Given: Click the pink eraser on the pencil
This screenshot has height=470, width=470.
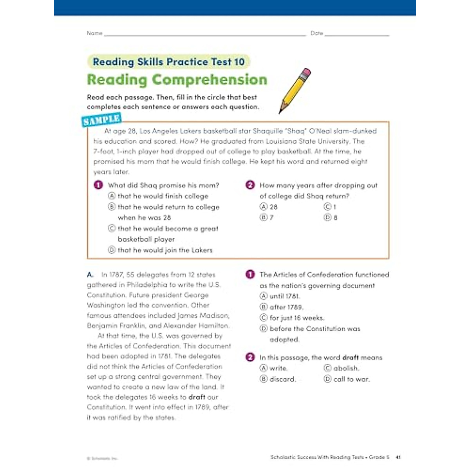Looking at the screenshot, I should point(307,72).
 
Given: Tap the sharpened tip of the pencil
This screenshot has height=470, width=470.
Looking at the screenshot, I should point(280,112).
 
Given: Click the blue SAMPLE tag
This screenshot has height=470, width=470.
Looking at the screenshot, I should point(101,120).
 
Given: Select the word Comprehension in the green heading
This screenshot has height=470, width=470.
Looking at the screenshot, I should point(209,80).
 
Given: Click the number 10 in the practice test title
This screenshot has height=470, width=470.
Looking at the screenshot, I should point(239,62).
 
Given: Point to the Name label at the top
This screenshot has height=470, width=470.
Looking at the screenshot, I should point(94,33).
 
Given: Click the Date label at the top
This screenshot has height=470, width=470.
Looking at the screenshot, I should point(316,33).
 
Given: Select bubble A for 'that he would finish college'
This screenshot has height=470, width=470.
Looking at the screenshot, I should point(112,196).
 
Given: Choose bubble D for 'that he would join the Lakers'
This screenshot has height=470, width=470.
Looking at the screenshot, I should point(112,250).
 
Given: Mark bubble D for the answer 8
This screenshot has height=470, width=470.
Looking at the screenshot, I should point(327,217).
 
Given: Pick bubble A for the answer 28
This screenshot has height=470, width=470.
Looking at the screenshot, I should point(264,206).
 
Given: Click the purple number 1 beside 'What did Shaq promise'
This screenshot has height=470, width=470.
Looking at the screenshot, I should point(98,185).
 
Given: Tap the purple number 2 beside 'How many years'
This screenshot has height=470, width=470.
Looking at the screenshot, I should point(250,185).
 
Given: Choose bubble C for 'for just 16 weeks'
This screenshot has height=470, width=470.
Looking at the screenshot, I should point(264,318).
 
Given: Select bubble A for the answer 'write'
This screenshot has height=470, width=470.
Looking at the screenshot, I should point(264,368).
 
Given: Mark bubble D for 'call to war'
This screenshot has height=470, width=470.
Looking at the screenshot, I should point(327,379).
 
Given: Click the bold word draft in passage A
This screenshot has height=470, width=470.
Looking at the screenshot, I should point(197,397).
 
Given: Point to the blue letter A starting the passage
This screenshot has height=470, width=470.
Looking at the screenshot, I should point(90,275).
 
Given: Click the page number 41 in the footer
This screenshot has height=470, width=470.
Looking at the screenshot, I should point(398,457).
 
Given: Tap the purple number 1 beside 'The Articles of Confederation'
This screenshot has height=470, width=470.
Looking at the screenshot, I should point(250,274).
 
